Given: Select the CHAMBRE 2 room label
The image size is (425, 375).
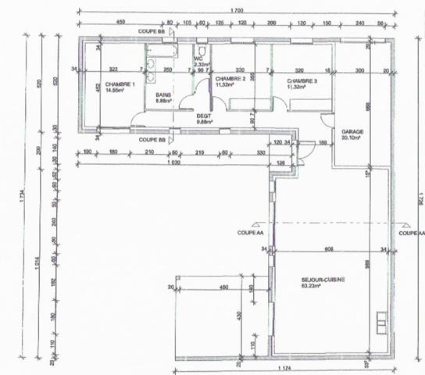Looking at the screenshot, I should point(230,80).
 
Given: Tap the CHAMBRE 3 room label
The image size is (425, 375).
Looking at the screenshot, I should point(303,80).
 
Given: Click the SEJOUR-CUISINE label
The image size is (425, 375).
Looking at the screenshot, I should point(323,279).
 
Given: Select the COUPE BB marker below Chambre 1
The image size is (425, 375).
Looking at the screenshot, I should point(152,140).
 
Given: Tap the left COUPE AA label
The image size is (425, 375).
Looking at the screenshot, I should point(250,232).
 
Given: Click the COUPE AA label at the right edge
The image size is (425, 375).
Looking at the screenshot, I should point(411,232).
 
